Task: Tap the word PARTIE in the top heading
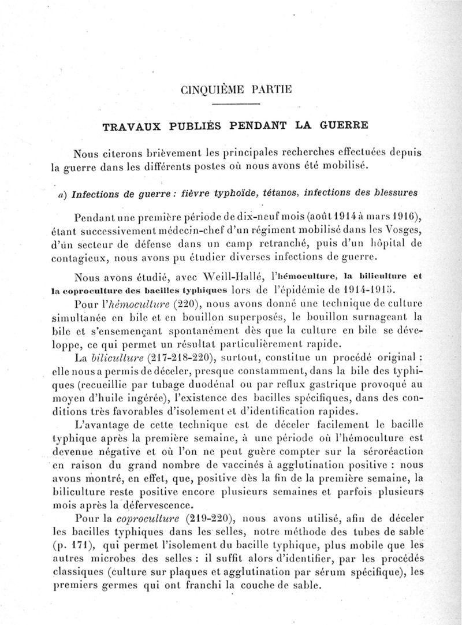point(273,89)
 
